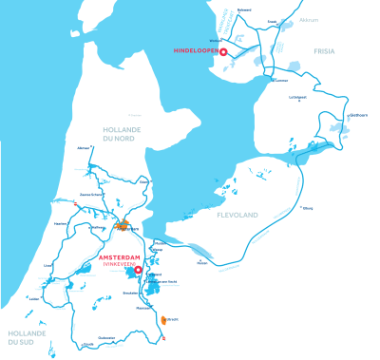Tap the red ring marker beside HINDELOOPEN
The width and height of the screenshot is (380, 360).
click(222, 53)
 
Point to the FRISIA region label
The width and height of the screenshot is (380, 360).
click(326, 52)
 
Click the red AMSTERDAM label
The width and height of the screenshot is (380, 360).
click(120, 256)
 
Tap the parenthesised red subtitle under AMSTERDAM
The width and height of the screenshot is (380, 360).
click(120, 263)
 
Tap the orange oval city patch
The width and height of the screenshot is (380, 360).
click(164, 319)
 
